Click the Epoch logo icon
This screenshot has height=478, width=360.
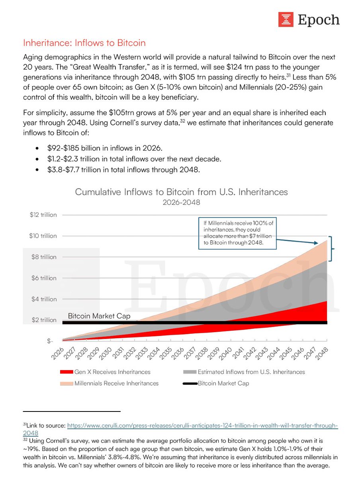[286, 20]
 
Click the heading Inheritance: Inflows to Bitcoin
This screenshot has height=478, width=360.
[84, 43]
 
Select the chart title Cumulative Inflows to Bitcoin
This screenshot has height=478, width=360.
[181, 192]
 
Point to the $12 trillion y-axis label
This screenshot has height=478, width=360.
[43, 215]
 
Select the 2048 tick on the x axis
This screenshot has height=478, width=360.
[322, 353]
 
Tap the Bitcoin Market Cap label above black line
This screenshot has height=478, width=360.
[99, 315]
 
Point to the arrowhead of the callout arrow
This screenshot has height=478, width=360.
[315, 243]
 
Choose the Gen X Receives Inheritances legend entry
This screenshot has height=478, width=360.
[106, 372]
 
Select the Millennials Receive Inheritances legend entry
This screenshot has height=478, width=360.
[110, 383]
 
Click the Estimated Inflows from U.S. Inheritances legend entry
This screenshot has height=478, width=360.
[244, 372]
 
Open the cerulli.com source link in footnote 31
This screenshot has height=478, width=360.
[202, 426]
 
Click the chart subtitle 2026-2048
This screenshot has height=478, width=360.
[181, 202]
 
